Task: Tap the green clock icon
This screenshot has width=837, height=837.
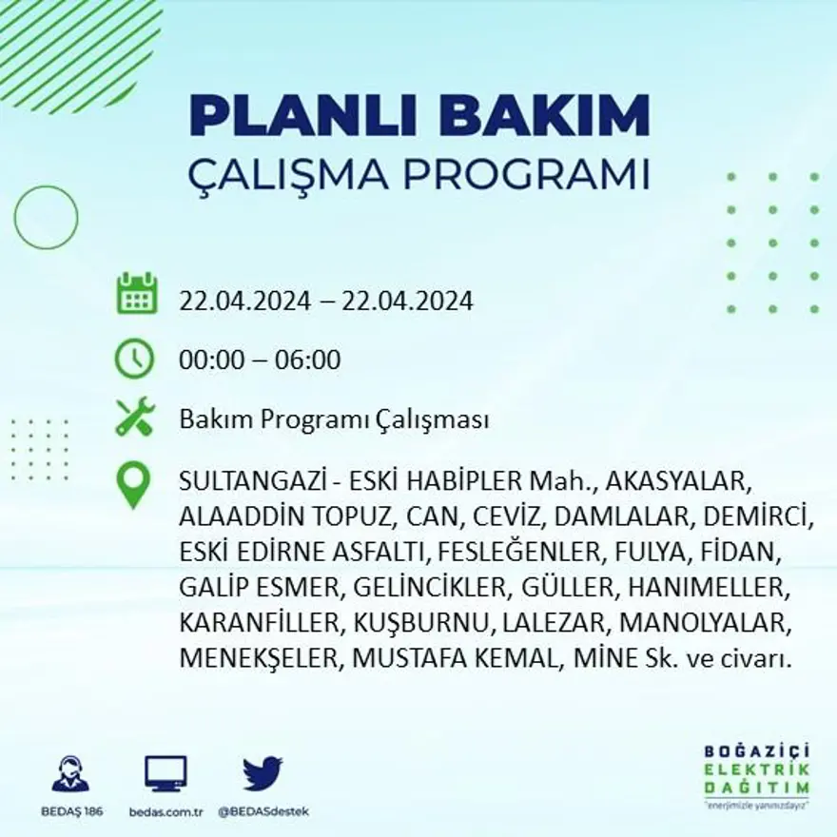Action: (x=134, y=360)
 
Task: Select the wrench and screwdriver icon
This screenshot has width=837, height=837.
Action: (x=134, y=418)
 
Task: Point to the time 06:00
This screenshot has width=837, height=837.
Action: (x=307, y=360)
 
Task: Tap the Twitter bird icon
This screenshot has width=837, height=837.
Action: (x=263, y=773)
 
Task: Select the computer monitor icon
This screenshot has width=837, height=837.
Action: (x=165, y=774)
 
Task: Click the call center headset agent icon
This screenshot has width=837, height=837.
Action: (x=70, y=774)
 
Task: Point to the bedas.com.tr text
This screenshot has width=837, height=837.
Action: (x=165, y=811)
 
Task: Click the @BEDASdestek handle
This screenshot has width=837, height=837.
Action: (x=263, y=811)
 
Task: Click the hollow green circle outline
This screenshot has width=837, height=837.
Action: (x=46, y=218)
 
